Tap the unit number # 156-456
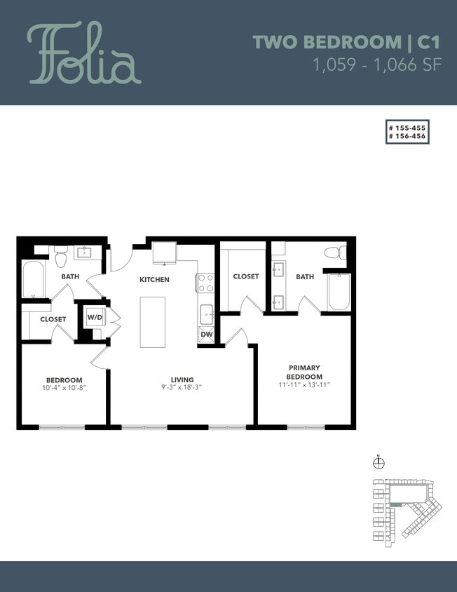pyautogui.click(x=407, y=137)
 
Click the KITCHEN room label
pyautogui.click(x=154, y=280)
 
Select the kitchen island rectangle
pyautogui.click(x=153, y=322)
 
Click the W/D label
pyautogui.click(x=94, y=318)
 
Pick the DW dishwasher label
pyautogui.click(x=206, y=335)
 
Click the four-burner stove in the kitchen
pyautogui.click(x=205, y=282)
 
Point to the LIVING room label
pyautogui.click(x=182, y=379)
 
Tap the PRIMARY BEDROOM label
pyautogui.click(x=304, y=372)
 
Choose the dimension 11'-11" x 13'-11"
pyautogui.click(x=304, y=385)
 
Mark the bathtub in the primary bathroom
pyautogui.click(x=339, y=292)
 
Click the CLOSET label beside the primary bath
pyautogui.click(x=245, y=276)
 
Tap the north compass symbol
pyautogui.click(x=378, y=462)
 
